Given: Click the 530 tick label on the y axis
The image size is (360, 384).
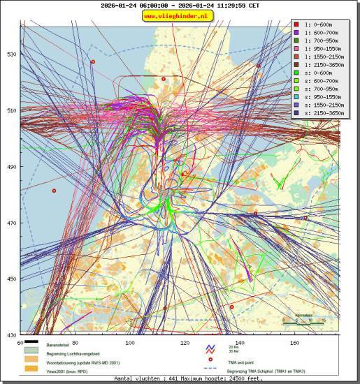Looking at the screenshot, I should tap(11, 54).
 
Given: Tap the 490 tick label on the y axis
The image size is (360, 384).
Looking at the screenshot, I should tap(11, 167).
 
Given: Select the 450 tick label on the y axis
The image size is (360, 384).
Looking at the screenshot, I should tap(11, 279).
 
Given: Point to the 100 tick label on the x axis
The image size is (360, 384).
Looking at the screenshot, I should tap(129, 342).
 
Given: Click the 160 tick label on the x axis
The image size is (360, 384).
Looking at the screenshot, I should tap(294, 342).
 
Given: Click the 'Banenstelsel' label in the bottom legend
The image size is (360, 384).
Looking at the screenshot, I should tap(60, 346).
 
